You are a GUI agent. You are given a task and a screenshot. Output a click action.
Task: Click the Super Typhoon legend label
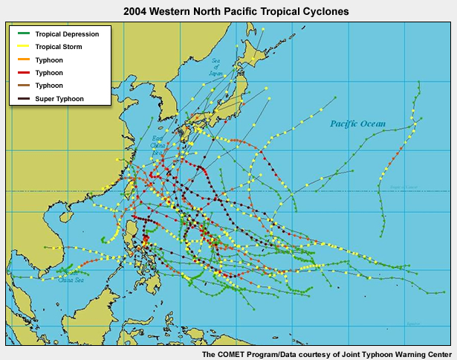coord(59,99)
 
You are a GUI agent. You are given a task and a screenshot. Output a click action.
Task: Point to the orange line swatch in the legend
coord(22,60)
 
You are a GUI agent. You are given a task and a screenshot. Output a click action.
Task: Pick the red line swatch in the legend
coord(22,73)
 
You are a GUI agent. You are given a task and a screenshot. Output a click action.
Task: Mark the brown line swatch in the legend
coord(22,86)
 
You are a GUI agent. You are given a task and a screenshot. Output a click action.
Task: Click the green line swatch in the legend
coord(22,34)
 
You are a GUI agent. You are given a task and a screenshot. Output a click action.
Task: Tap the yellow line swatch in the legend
coord(22,47)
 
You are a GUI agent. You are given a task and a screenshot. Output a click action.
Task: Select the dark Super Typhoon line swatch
coord(22,99)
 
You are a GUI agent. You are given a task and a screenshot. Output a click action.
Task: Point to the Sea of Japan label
coord(216,68)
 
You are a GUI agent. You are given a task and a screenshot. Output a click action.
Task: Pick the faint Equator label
coord(413,324)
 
